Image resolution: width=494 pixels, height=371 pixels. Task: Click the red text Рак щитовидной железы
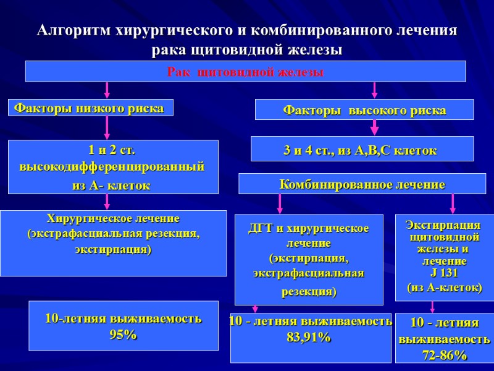[245, 72]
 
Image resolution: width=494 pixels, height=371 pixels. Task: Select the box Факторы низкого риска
[90, 108]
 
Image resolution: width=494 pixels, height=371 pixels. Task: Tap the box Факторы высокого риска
[364, 110]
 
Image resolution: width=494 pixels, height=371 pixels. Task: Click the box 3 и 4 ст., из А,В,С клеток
[362, 150]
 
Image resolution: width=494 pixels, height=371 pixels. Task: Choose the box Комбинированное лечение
[362, 184]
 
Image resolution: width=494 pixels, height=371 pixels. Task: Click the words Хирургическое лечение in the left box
[113, 218]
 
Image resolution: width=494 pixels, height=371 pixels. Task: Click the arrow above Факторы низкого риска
[107, 90]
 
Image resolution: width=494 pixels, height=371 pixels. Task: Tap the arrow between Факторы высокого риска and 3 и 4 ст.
[374, 127]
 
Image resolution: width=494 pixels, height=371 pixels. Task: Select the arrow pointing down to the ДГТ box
[280, 203]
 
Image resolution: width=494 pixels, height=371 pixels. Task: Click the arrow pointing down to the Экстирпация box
[453, 203]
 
